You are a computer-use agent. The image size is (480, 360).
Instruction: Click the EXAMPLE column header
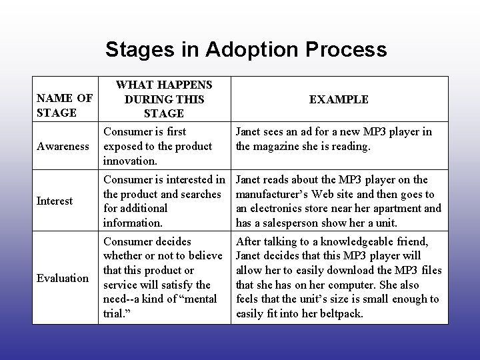(339, 99)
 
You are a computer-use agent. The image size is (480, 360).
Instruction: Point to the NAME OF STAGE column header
(65, 105)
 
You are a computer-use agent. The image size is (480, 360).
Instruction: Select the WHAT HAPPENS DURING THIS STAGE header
(164, 99)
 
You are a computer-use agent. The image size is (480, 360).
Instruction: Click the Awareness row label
(63, 146)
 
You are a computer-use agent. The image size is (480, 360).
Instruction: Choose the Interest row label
(55, 201)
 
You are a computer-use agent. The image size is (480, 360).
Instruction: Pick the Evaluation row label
(62, 278)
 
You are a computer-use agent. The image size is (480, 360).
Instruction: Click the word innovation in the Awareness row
(129, 161)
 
